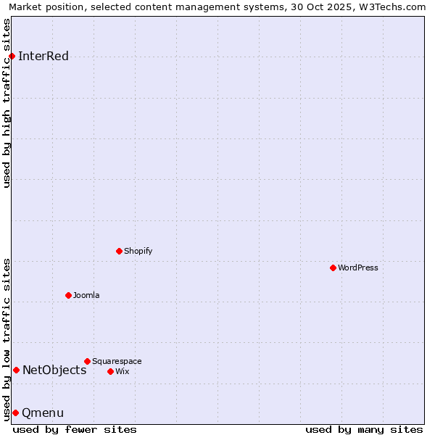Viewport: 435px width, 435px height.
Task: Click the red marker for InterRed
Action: pyautogui.click(x=12, y=57)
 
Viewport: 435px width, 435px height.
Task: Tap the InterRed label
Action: pyautogui.click(x=43, y=57)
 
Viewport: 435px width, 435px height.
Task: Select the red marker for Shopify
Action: pyautogui.click(x=119, y=252)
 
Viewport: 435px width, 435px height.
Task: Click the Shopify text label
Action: pyautogui.click(x=138, y=252)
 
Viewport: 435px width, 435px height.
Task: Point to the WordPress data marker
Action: pyautogui.click(x=333, y=268)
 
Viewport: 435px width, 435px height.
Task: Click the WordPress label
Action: pyautogui.click(x=358, y=268)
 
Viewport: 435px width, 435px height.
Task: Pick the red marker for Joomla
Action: pyautogui.click(x=68, y=295)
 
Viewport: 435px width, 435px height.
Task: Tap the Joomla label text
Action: pyautogui.click(x=86, y=296)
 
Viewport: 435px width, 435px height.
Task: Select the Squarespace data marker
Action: pyautogui.click(x=87, y=361)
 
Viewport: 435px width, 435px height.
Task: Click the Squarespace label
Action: pyautogui.click(x=117, y=362)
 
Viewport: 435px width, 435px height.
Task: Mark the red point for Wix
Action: pyautogui.click(x=110, y=371)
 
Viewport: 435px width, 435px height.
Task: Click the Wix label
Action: pyautogui.click(x=123, y=372)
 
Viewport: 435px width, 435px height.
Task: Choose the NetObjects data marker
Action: pyautogui.click(x=16, y=370)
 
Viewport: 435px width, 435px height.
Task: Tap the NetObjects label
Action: pyautogui.click(x=54, y=370)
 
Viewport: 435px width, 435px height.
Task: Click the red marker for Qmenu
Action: pyautogui.click(x=15, y=413)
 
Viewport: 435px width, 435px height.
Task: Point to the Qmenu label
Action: pyautogui.click(x=43, y=413)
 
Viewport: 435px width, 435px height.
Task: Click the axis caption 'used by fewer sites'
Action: pyautogui.click(x=75, y=430)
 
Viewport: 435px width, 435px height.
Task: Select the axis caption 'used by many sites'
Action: pyautogui.click(x=364, y=430)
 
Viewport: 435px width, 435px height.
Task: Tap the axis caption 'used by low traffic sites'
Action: pyautogui.click(x=7, y=339)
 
